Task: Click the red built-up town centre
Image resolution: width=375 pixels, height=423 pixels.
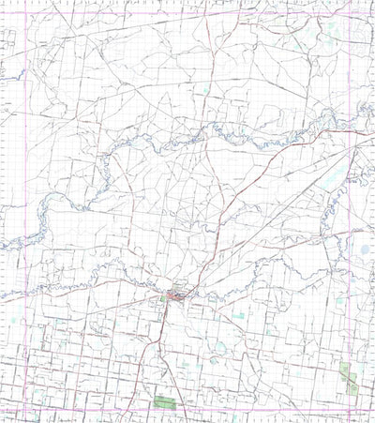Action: [x=175, y=298]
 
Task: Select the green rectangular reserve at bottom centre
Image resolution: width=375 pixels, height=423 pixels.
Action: [x=165, y=402]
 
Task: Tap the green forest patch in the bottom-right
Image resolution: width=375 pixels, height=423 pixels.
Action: [x=348, y=377]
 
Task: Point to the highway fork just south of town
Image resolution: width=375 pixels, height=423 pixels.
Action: [x=168, y=314]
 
